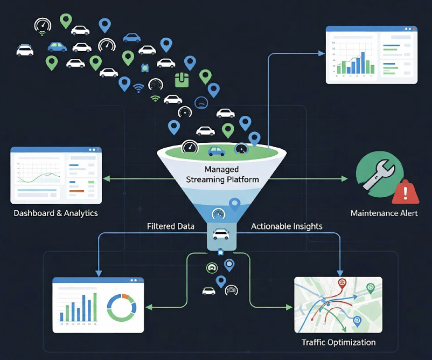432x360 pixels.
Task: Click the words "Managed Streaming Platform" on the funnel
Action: click(222, 175)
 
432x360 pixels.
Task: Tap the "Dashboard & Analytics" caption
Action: click(55, 213)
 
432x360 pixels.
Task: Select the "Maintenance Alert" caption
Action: click(384, 213)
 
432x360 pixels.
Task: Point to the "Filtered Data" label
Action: click(170, 226)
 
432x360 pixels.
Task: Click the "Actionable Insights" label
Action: click(287, 226)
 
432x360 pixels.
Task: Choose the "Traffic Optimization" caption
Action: click(338, 342)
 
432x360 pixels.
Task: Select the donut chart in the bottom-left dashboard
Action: click(122, 307)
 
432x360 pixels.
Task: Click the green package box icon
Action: click(183, 80)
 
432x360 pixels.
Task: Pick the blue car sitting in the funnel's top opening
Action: click(217, 151)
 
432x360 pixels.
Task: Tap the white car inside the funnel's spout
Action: click(221, 234)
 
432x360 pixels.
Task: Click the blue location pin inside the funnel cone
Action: click(234, 204)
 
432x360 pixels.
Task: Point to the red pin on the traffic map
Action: click(342, 283)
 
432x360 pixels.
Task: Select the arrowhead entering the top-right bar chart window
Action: click(323, 53)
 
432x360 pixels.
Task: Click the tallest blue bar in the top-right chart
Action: click(363, 62)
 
